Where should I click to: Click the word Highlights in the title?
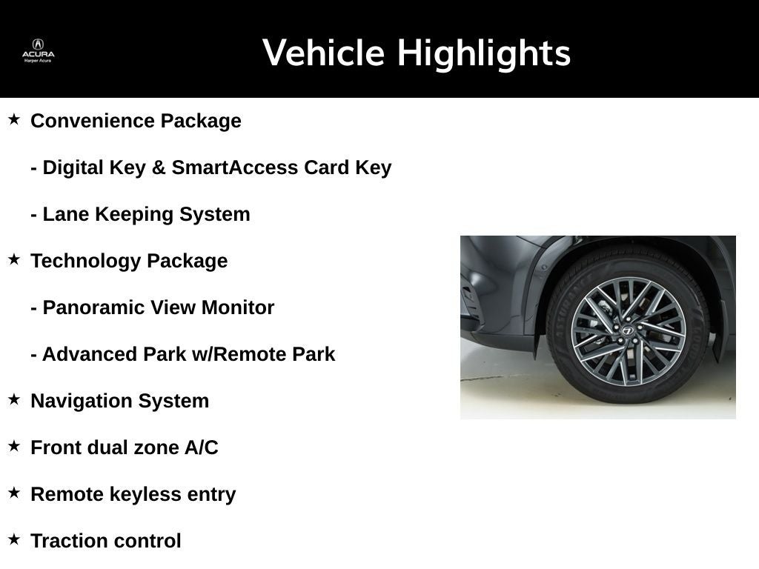click(483, 53)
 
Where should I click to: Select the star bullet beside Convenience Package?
click(14, 119)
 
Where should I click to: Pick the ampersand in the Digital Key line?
click(158, 167)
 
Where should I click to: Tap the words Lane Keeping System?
click(146, 214)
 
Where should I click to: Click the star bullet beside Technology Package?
click(14, 259)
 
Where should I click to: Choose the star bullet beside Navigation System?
click(14, 399)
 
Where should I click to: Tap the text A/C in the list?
click(201, 447)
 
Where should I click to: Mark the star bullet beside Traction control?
click(14, 539)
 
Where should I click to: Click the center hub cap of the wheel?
click(627, 330)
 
